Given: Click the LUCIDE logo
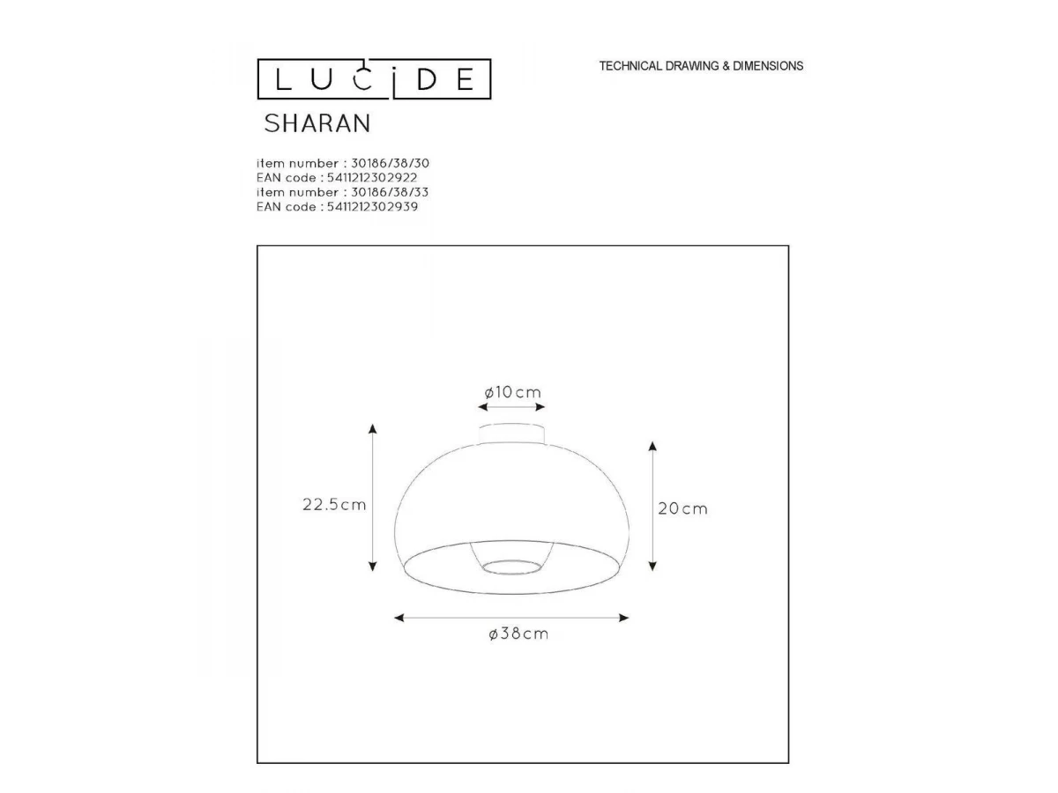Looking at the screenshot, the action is click(x=374, y=79).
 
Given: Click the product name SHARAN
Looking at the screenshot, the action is click(x=317, y=123).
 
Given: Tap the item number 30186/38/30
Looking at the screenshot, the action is click(x=390, y=163).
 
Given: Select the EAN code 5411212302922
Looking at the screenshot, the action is click(x=372, y=178).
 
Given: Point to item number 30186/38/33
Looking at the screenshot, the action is click(x=390, y=192).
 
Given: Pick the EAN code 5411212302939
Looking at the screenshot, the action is click(x=372, y=206).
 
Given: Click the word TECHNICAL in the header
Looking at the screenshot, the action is click(x=630, y=66).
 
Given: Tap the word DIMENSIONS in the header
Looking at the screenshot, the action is click(x=768, y=66).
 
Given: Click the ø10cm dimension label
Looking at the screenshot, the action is click(x=512, y=392).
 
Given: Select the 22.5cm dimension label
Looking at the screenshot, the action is click(x=334, y=505).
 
